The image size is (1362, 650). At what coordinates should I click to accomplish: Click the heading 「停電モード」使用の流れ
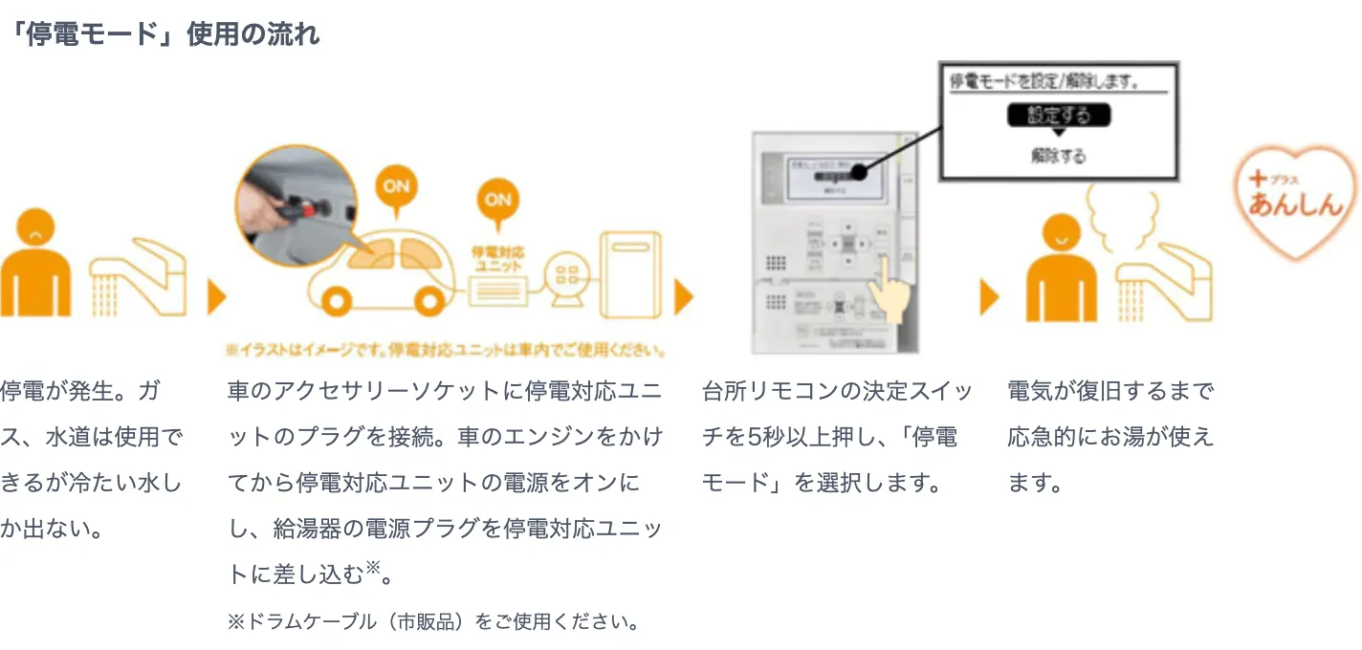point(162,35)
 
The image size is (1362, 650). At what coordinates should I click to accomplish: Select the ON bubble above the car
point(395,186)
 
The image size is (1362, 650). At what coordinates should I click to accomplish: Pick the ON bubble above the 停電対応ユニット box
point(497,201)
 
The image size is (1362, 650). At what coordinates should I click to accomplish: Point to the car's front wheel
point(340,301)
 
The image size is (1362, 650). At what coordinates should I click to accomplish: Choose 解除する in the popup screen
point(1059,156)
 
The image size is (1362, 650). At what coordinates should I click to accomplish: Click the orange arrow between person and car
point(216,298)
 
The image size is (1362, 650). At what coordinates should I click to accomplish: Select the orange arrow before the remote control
point(683,298)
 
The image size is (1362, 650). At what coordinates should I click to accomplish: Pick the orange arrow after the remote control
point(989,298)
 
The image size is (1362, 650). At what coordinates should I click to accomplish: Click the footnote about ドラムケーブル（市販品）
point(433,622)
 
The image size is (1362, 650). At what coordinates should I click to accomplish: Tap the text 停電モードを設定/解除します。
point(1044,81)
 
